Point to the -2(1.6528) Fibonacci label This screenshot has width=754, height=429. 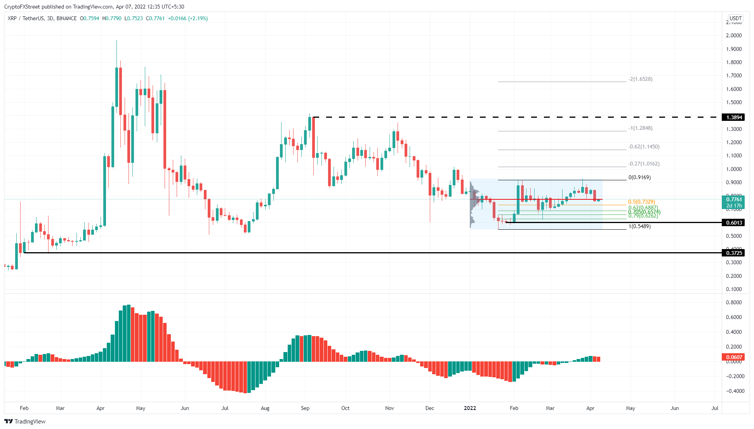pos(641,79)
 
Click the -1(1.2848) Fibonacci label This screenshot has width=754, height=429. pos(641,128)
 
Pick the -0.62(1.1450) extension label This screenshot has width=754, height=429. pos(644,147)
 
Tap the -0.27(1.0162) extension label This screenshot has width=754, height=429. pos(644,164)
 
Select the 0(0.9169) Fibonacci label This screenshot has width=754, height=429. pos(639,178)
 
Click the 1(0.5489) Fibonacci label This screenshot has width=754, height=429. pos(639,227)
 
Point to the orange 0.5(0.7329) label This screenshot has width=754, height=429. pos(641,202)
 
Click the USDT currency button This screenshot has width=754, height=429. pos(735,18)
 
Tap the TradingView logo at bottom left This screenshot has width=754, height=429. pos(25,422)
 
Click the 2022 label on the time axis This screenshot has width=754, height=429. pos(470,408)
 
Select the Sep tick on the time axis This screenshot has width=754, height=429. pos(305,408)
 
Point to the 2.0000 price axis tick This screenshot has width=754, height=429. pos(734,36)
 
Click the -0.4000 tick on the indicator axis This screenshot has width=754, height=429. pos(733,391)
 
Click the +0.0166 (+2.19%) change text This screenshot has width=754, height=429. pos(188,19)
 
